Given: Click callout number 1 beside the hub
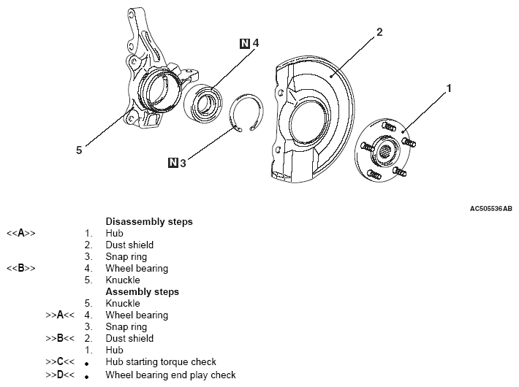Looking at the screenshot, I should click(x=449, y=88).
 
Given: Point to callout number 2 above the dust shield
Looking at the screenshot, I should click(x=379, y=31).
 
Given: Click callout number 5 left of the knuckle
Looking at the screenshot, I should click(x=78, y=150).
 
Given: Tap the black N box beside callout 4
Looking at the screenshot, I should click(x=244, y=43).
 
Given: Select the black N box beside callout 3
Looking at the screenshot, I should click(x=172, y=163).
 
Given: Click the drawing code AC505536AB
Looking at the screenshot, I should click(x=490, y=208).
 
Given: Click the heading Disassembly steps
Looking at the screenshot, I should click(x=149, y=221).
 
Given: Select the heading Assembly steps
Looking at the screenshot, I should click(x=143, y=291).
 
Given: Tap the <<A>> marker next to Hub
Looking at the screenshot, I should click(x=20, y=233).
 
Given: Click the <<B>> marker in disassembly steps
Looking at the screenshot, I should click(x=20, y=268).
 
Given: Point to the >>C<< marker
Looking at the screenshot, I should click(x=60, y=361).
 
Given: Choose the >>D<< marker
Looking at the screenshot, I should click(x=60, y=375).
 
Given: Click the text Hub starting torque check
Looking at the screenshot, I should click(x=161, y=361).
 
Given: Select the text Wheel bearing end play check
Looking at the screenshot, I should click(x=170, y=375).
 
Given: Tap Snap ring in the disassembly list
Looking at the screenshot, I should click(x=126, y=256).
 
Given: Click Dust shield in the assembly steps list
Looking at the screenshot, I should click(x=129, y=338).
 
